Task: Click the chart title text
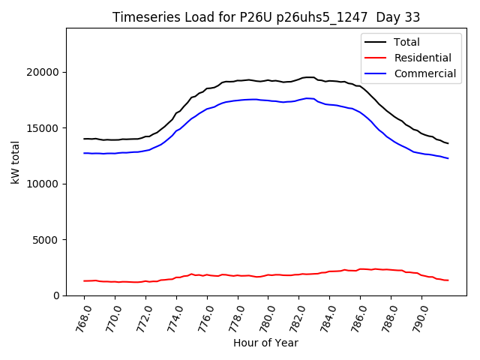(266, 17)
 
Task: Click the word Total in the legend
(407, 42)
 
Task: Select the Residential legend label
(422, 58)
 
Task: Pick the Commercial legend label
(424, 73)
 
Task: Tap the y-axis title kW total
(16, 162)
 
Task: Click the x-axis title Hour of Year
(265, 343)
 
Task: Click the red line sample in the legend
(375, 58)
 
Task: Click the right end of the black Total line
(448, 143)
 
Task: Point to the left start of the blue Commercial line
(84, 153)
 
